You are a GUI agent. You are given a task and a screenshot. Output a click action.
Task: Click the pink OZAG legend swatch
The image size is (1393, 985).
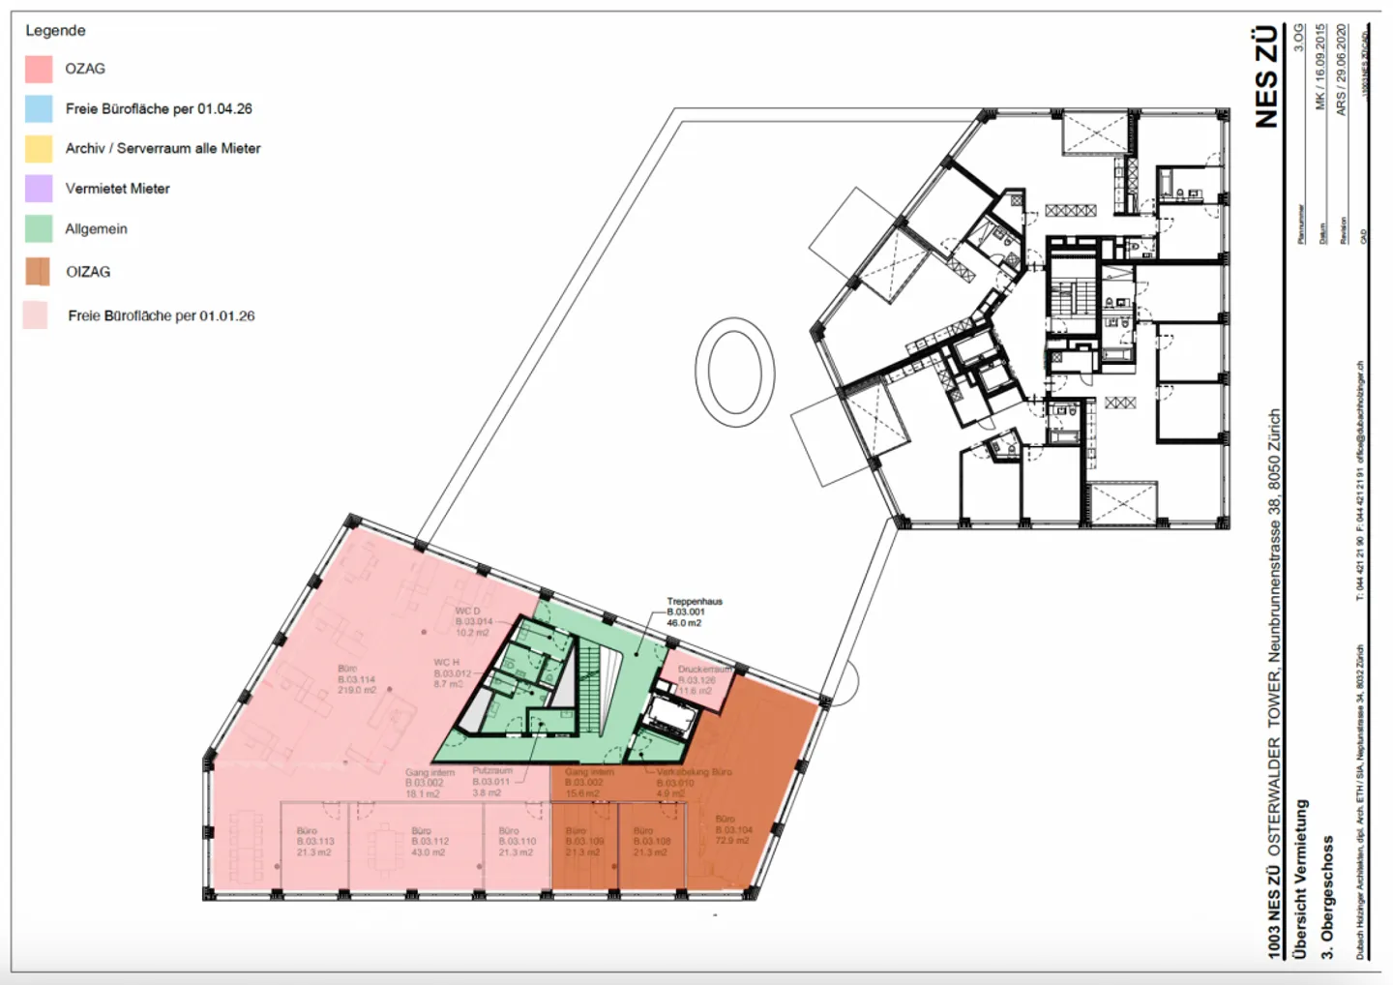tap(39, 69)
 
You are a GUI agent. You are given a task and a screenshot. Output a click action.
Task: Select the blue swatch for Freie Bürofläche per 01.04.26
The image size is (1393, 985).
tap(39, 108)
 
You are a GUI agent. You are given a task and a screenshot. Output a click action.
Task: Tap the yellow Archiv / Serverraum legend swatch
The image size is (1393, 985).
tap(39, 148)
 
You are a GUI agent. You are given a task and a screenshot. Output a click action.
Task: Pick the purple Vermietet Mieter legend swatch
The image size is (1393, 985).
tap(39, 188)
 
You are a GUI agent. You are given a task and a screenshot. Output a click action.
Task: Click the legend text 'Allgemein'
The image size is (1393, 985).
tap(96, 229)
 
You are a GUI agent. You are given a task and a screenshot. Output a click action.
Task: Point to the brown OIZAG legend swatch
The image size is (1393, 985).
tap(38, 272)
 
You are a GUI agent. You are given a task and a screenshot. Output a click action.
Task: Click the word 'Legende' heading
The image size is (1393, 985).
tap(55, 30)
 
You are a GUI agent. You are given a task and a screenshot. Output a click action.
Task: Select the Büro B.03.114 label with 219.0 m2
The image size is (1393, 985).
tap(356, 679)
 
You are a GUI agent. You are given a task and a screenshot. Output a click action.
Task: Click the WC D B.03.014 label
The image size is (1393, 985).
tap(473, 621)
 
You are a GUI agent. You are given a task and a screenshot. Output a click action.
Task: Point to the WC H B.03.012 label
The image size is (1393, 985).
tap(452, 673)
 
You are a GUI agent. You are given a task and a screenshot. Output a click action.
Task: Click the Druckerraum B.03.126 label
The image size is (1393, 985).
tap(702, 679)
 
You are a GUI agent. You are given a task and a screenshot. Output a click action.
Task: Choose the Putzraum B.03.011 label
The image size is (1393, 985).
tap(491, 782)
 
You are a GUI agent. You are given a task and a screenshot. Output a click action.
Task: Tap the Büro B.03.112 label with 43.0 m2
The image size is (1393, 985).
tap(429, 842)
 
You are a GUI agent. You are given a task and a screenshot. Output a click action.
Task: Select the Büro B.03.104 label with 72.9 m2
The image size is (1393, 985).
tap(733, 830)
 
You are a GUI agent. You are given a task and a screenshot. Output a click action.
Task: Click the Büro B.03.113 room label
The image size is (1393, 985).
tap(314, 842)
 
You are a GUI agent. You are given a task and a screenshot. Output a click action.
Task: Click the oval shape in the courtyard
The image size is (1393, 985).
tap(735, 371)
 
